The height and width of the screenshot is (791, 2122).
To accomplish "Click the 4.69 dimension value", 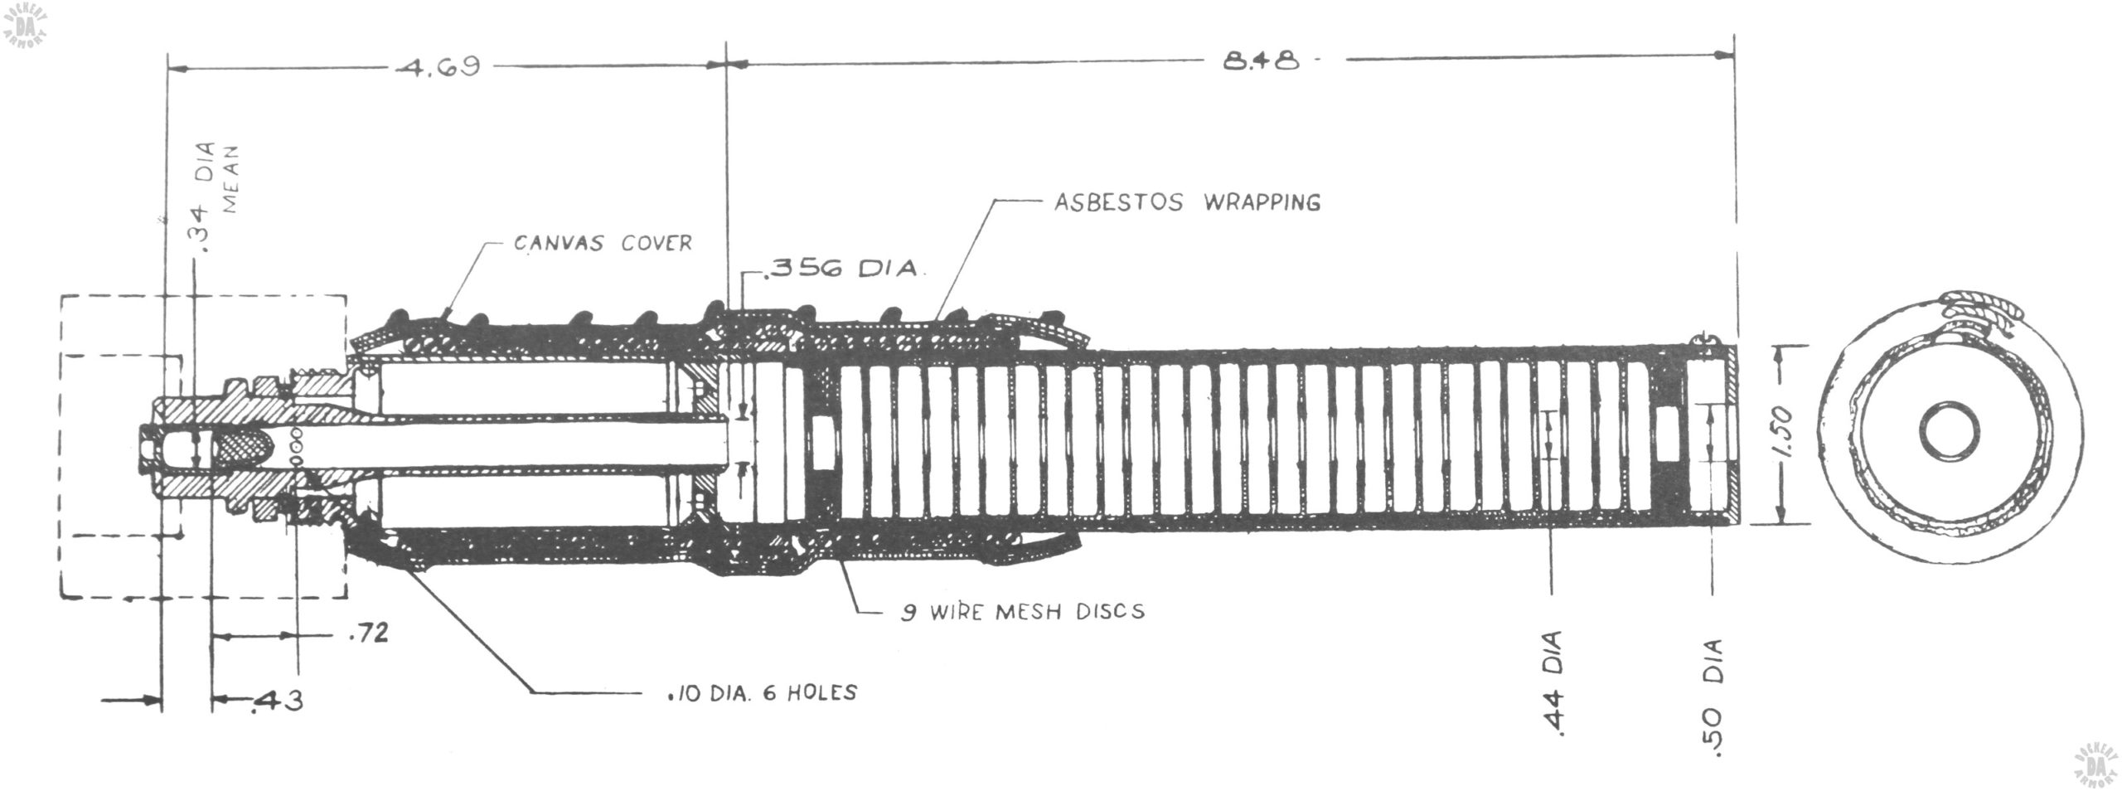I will coord(439,66).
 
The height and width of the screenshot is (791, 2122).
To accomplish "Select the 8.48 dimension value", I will coord(1260,60).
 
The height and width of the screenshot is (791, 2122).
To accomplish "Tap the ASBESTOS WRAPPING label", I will coord(1187,202).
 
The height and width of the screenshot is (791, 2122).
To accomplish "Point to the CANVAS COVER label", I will coord(603,243).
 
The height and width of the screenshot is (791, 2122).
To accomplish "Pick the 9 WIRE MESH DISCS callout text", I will coord(1023,612).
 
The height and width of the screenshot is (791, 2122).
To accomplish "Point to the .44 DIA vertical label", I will coord(1553,684).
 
